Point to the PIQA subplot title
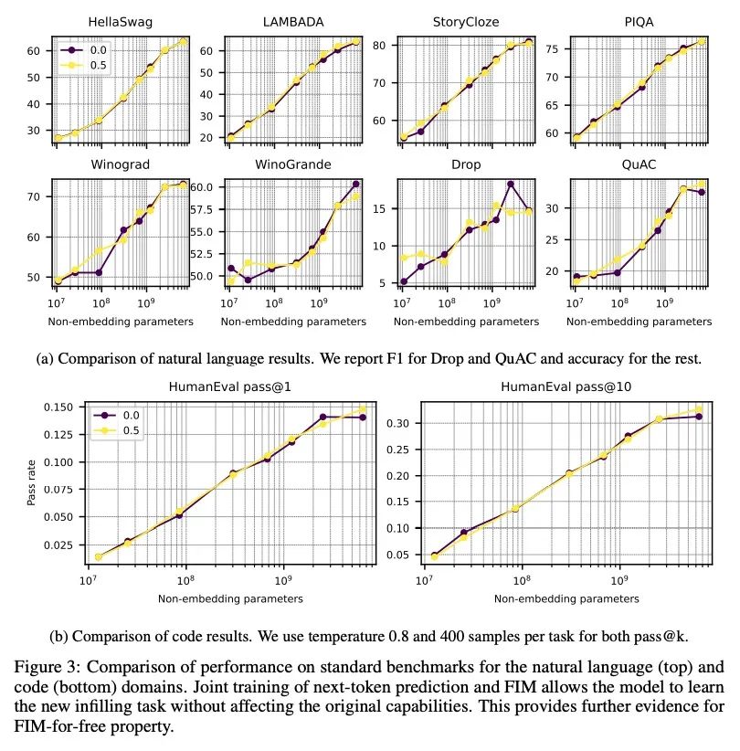(640, 21)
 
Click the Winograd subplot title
(121, 165)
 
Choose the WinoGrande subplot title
(292, 165)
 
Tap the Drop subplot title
(466, 165)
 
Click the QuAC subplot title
(640, 165)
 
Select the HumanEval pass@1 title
(228, 386)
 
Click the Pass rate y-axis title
(32, 482)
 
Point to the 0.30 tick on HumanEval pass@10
(398, 423)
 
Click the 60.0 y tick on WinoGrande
(201, 186)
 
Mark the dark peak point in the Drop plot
(512, 184)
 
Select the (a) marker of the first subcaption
(45, 359)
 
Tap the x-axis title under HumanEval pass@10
(566, 598)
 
